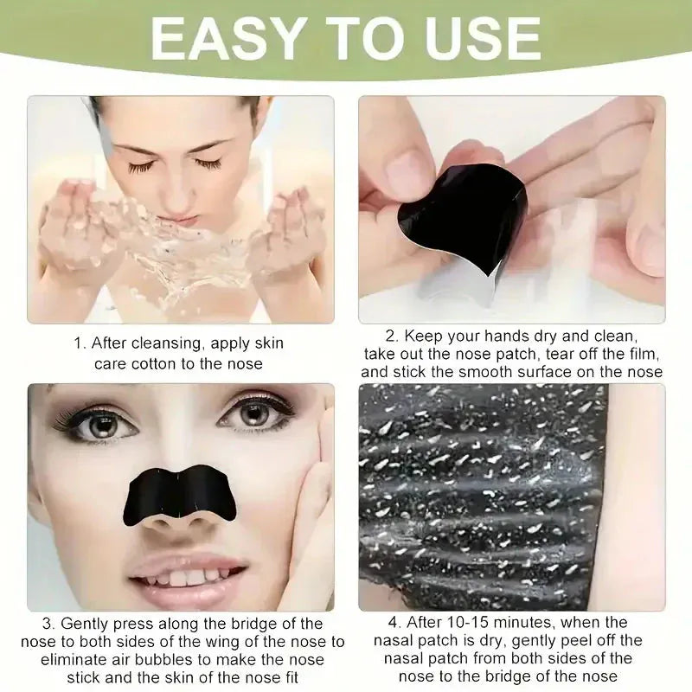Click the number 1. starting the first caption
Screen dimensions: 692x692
tap(80, 343)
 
